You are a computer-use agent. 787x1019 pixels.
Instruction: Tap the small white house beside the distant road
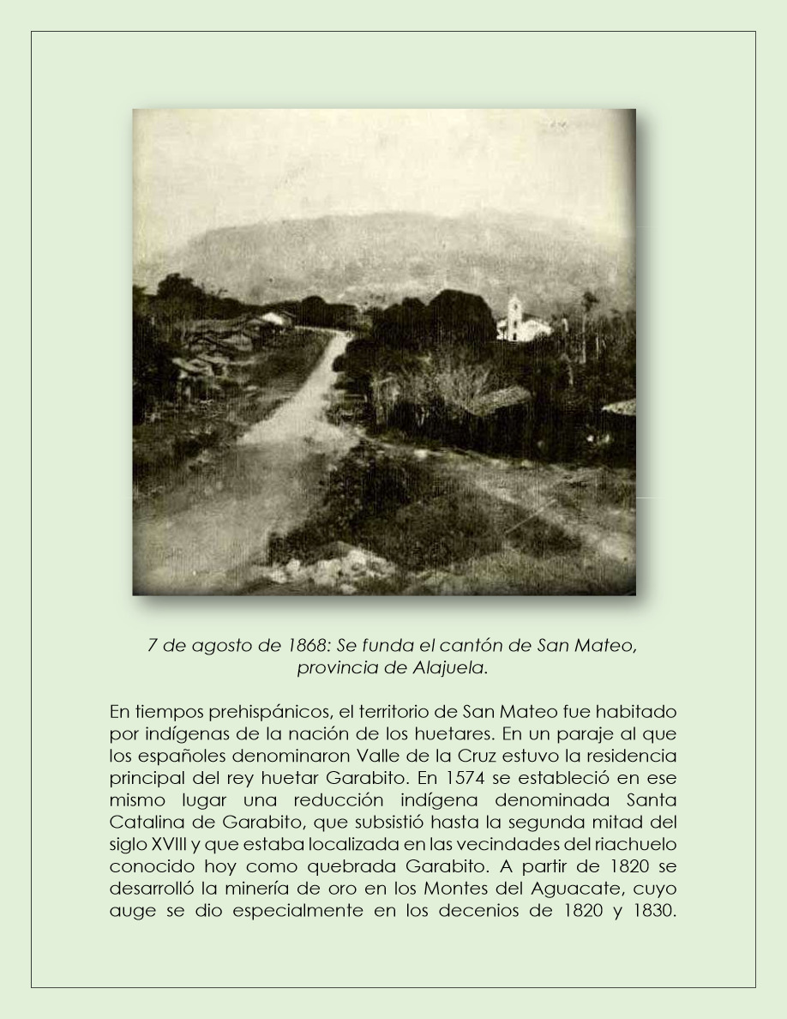click(x=273, y=319)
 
